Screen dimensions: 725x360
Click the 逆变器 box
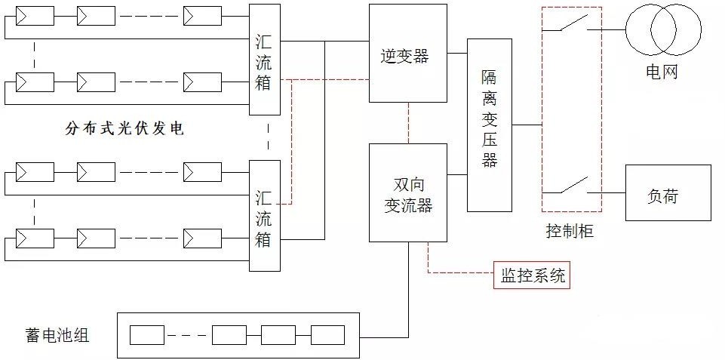408,54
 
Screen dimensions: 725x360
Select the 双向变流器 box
408,192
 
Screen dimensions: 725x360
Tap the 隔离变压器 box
489,125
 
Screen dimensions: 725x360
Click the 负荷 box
668,192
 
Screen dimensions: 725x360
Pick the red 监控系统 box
532,275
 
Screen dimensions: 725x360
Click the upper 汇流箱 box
265,60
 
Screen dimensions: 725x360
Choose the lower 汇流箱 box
265,216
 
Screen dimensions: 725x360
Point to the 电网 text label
662,72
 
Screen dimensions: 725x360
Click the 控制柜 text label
570,231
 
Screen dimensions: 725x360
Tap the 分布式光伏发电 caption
124,128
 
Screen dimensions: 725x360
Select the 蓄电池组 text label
57,334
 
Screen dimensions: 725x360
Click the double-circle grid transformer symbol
663,29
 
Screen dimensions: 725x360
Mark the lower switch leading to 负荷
572,186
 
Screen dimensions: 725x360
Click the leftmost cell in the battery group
147,335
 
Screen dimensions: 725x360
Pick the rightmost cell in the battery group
328,335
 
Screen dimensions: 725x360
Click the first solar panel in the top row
35,16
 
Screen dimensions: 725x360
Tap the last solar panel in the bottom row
202,238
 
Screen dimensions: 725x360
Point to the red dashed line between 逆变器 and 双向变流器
408,123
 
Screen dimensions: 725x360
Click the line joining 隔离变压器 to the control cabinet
527,125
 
